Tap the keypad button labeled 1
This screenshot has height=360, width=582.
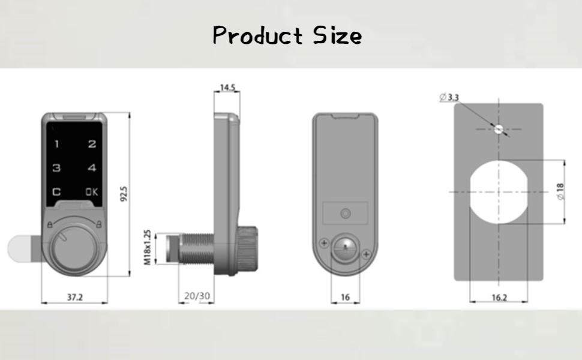tap(57, 145)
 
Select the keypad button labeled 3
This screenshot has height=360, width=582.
tap(57, 169)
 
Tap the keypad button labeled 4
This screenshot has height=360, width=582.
tap(92, 169)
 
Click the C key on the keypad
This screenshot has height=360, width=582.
tap(57, 192)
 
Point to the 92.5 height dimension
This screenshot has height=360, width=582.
tap(124, 194)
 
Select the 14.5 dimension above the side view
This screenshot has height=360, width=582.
tap(227, 88)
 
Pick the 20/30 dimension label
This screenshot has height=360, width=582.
tap(197, 296)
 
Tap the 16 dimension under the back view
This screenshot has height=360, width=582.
tap(345, 297)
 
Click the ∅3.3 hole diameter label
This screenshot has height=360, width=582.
tap(449, 97)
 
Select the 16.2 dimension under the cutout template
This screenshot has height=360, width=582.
tap(499, 297)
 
